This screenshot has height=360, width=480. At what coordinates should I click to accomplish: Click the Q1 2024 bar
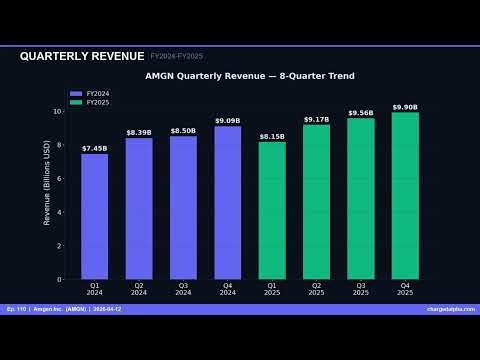(x=94, y=216)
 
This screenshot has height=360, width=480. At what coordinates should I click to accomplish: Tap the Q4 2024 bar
(x=227, y=202)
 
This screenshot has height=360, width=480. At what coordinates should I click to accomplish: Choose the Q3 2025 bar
(x=360, y=198)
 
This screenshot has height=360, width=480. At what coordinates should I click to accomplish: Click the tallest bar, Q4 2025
(x=405, y=195)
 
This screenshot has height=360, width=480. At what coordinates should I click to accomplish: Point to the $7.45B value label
(x=94, y=148)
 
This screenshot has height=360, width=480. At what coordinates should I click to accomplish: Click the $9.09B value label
(x=227, y=121)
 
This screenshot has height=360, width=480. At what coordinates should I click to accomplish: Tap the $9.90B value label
(x=405, y=107)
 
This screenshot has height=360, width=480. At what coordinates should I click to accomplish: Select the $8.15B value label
(x=272, y=136)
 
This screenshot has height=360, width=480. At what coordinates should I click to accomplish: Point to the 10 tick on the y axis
(x=58, y=111)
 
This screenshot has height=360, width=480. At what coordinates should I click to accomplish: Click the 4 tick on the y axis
(x=60, y=212)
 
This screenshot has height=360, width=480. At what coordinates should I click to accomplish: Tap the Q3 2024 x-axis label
(x=183, y=288)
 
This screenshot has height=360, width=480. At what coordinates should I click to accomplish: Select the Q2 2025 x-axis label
(x=316, y=288)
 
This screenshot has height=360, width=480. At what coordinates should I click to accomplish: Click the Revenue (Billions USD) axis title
(x=47, y=182)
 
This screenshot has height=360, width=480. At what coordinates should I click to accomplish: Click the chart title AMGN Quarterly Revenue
(x=249, y=76)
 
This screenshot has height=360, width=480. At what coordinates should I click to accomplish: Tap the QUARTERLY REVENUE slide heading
(x=82, y=56)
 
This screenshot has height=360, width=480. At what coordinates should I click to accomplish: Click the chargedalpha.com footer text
(x=449, y=309)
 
